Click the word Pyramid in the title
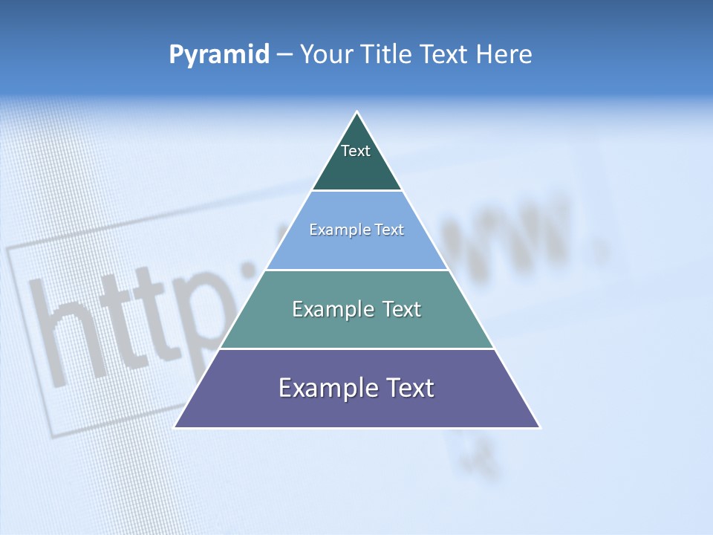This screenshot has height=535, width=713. (219, 55)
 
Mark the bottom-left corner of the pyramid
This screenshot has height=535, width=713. (175, 427)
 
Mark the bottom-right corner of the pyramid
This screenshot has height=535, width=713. (539, 427)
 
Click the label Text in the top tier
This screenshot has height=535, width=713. (356, 151)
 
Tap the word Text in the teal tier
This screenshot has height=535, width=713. (397, 309)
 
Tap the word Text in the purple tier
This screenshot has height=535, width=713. (409, 388)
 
